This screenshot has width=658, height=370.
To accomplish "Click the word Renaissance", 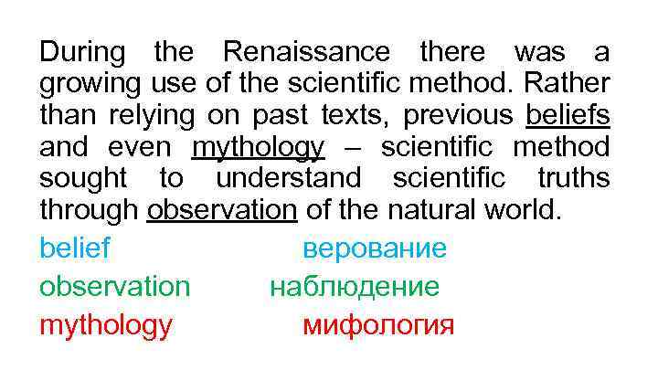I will (x=307, y=51).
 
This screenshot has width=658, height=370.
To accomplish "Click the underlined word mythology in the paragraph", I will (x=259, y=147).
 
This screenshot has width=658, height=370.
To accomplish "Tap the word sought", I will (x=85, y=178).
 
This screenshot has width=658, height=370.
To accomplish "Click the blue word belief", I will (x=74, y=248).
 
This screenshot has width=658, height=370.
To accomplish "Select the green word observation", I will (x=114, y=286).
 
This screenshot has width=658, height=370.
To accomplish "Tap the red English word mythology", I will (x=105, y=325).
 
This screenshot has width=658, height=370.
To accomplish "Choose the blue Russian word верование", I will (x=375, y=248).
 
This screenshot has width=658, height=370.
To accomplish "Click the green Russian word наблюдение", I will (x=354, y=286).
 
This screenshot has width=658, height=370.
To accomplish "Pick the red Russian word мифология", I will (x=377, y=325).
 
